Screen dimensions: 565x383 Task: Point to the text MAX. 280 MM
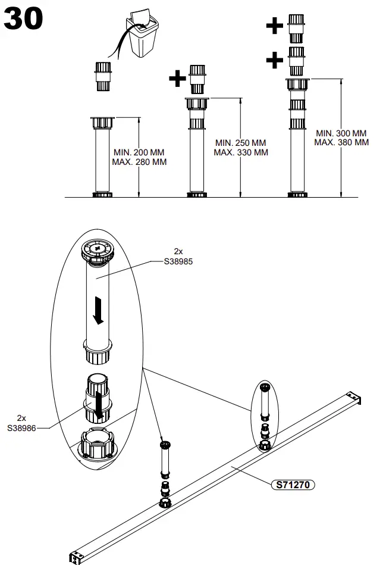point(140,162)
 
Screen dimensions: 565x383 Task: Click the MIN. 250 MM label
point(241,143)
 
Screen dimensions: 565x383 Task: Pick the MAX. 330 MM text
point(241,152)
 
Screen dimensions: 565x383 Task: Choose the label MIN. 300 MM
point(341,133)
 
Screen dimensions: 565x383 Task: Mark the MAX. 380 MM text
point(342,142)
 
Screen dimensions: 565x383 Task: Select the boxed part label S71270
point(293,485)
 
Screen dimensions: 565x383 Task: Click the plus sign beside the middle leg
point(177,79)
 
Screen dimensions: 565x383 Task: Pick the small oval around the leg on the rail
point(265,417)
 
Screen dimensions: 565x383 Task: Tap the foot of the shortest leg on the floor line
point(102,194)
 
